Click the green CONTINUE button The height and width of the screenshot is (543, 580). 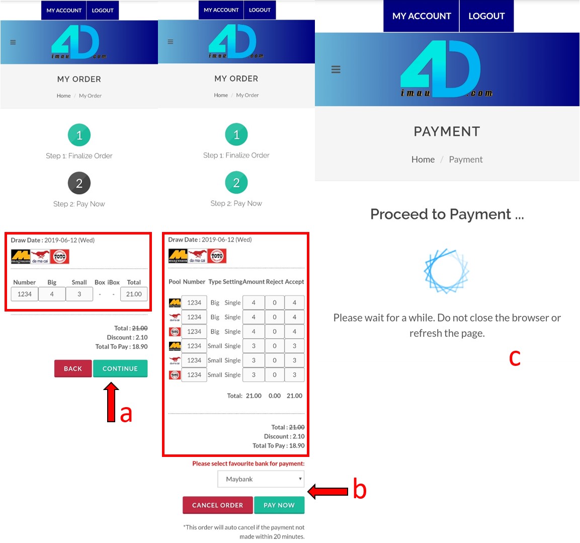(x=120, y=368)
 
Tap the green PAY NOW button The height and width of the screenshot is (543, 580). (x=279, y=505)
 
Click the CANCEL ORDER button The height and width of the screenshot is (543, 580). (x=217, y=505)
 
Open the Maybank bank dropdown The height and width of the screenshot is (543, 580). (x=261, y=479)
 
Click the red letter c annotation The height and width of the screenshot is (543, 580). (x=515, y=358)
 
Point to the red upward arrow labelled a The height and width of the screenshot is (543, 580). (x=111, y=402)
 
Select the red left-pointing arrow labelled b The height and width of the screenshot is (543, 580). (x=328, y=492)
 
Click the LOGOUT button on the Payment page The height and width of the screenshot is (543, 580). (x=486, y=16)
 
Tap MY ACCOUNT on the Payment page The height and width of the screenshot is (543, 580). (x=422, y=16)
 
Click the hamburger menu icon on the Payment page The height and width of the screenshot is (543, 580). (x=336, y=69)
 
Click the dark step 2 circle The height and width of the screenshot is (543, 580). (x=79, y=183)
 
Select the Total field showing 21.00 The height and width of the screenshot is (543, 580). (x=134, y=294)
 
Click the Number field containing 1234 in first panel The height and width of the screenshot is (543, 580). (x=25, y=294)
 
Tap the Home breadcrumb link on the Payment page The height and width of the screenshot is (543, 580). (x=423, y=160)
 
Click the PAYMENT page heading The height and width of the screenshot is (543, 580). (x=447, y=131)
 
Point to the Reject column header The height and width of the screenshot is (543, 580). (x=275, y=282)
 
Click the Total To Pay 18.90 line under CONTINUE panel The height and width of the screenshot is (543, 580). (x=121, y=346)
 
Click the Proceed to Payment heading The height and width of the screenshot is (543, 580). (x=447, y=214)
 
